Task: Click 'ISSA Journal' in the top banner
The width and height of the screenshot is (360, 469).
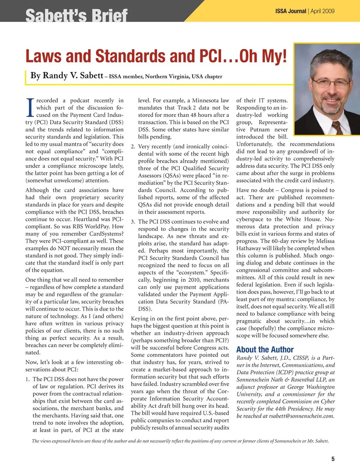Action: tap(291, 11)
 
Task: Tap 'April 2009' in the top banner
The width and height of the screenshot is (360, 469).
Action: tap(322, 11)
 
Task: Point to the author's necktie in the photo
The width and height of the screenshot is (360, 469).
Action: tap(337, 127)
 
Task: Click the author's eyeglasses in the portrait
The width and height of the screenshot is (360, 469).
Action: tap(327, 82)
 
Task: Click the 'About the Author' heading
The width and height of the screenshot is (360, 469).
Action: tap(265, 349)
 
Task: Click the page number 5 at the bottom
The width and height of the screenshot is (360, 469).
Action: tap(333, 459)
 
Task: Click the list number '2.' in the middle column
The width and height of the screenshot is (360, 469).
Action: tap(133, 147)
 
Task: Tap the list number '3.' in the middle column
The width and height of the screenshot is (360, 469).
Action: tap(133, 222)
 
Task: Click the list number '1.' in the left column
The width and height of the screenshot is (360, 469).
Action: tap(28, 379)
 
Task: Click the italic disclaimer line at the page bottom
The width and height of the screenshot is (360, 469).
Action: tap(180, 441)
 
